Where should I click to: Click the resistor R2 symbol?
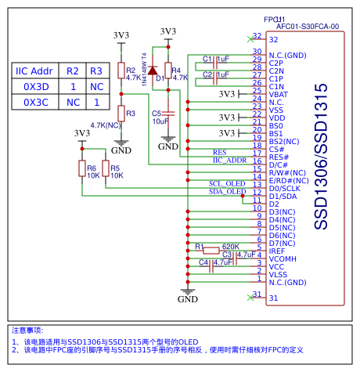tap(121, 72)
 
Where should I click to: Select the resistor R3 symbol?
tap(121, 113)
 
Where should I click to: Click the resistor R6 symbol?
tap(81, 168)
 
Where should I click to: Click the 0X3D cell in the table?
tap(36, 86)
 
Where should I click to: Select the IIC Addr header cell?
tap(36, 70)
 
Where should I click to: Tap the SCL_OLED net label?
tap(227, 184)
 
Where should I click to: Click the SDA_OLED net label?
tap(227, 192)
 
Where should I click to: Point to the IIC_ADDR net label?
tap(229, 161)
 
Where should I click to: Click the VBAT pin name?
tap(278, 94)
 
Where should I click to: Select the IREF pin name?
tap(277, 251)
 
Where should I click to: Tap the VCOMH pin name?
tap(283, 258)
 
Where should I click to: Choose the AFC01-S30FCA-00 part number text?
tap(308, 26)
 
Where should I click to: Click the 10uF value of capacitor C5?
tap(160, 121)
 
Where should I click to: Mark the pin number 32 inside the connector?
tap(273, 39)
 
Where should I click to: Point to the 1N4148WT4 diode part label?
tap(144, 67)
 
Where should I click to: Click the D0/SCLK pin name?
tap(286, 188)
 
